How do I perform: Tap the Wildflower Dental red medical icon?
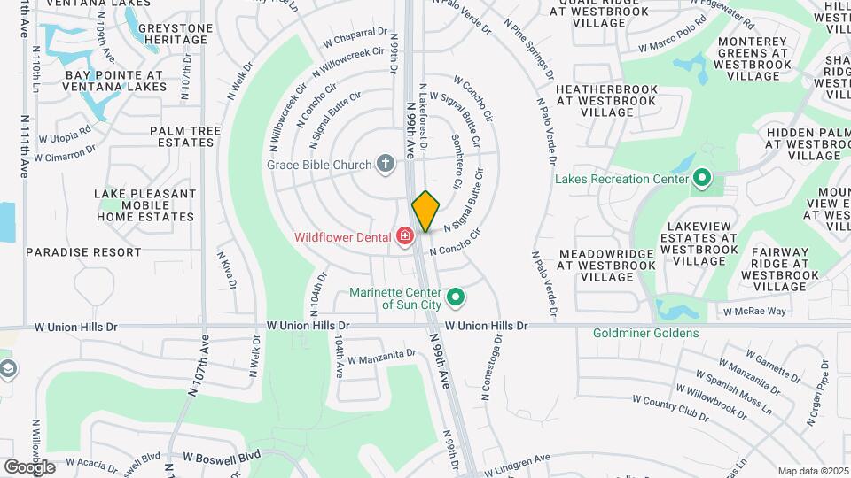coord(405,235)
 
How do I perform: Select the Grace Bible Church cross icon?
coord(385,163)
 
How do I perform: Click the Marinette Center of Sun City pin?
coord(457,297)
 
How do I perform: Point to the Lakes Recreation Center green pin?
coord(702,178)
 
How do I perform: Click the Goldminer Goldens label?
coord(646,334)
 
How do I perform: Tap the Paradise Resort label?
coord(83,252)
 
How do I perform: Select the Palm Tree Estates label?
coord(184,137)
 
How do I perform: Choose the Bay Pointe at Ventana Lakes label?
coord(115,81)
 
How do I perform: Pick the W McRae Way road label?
coord(754,312)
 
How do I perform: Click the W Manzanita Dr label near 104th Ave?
coord(381,357)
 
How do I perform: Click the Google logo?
coord(29,466)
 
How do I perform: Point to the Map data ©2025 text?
coord(814,471)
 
